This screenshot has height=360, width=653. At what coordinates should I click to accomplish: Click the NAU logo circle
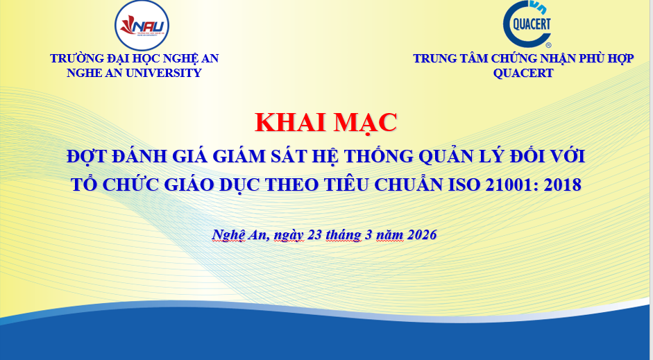[x=142, y=26]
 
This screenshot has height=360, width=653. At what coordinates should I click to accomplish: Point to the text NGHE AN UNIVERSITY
[x=135, y=73]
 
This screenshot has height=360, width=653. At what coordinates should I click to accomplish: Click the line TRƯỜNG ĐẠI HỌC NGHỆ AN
[x=135, y=59]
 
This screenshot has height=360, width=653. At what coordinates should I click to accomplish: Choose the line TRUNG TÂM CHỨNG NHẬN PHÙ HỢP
[x=523, y=59]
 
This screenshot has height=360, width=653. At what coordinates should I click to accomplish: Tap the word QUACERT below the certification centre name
[x=523, y=74]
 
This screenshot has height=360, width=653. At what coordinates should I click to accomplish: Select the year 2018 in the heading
[x=561, y=185]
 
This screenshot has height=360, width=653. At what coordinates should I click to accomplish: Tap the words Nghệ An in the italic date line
[x=239, y=234]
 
